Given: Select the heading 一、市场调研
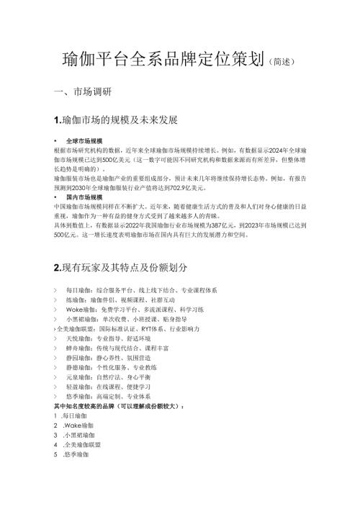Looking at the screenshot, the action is click(78, 93).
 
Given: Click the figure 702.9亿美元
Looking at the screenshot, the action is click(184, 187).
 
